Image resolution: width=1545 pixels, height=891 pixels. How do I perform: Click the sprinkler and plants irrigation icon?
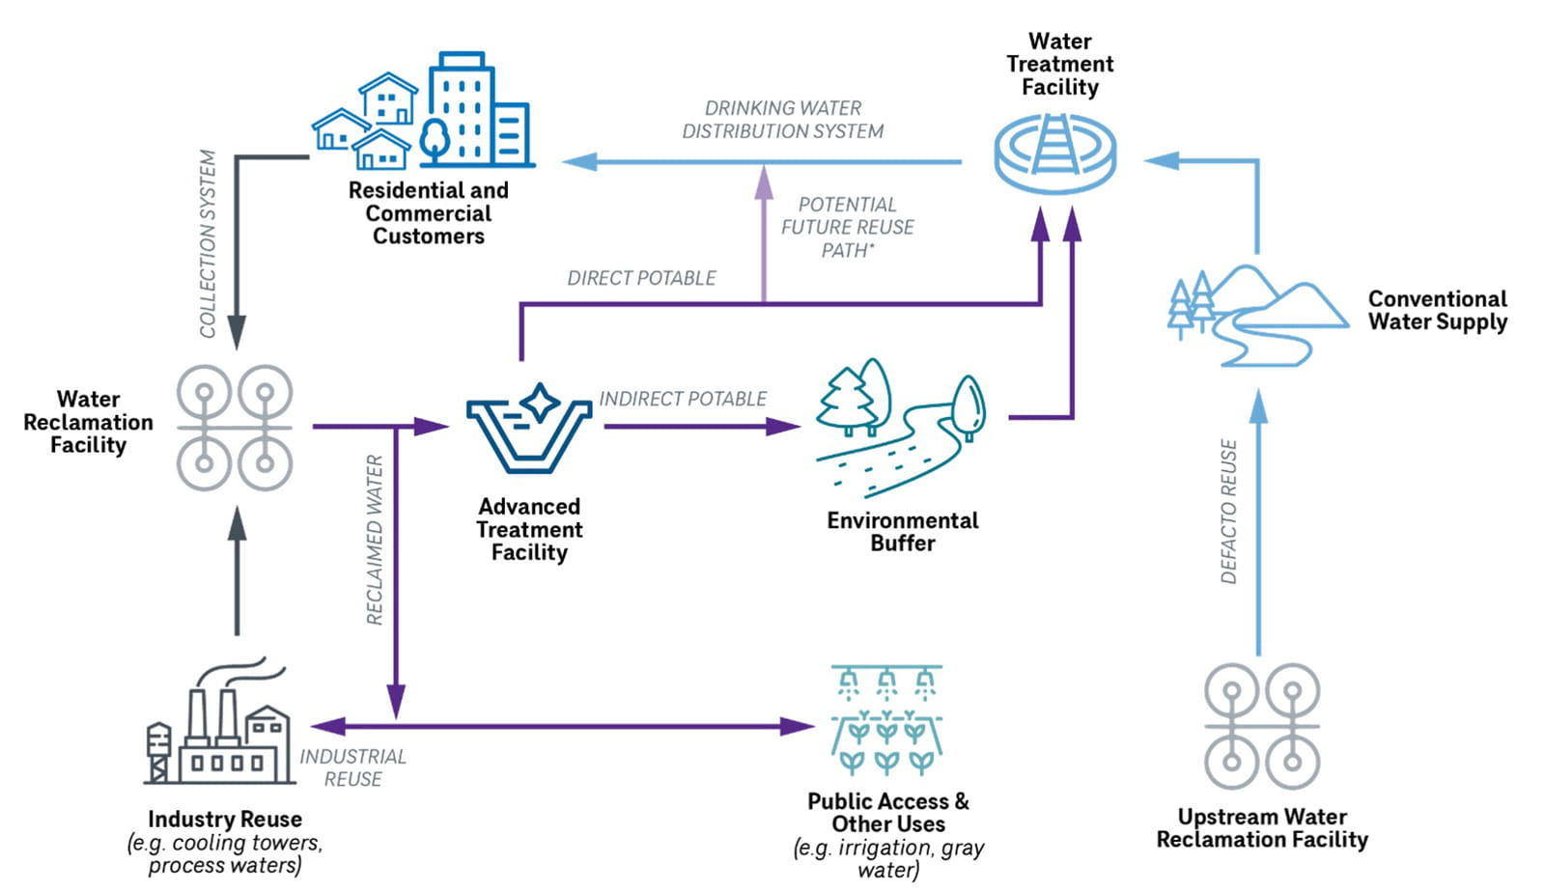(886, 720)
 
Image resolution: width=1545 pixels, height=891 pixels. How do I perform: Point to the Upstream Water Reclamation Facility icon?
(1262, 725)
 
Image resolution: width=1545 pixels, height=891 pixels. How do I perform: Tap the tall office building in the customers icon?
(462, 108)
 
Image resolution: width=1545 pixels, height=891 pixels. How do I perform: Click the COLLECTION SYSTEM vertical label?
(208, 243)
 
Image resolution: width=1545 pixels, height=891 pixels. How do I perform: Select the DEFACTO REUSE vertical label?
(1228, 512)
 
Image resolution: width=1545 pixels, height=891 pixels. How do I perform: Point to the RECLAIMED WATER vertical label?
(375, 540)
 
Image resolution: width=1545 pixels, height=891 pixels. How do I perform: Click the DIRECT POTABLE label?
(641, 278)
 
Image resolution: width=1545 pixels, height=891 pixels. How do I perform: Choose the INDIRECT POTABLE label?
(682, 399)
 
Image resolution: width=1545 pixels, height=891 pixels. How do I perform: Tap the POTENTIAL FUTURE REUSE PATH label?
(847, 227)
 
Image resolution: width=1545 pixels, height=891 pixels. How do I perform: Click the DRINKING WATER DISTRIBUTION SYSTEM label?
(782, 120)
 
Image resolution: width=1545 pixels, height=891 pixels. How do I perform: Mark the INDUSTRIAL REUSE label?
(352, 767)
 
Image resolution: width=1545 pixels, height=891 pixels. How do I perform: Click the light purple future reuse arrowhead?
(764, 180)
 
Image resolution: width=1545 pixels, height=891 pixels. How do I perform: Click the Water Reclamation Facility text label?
(88, 422)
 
